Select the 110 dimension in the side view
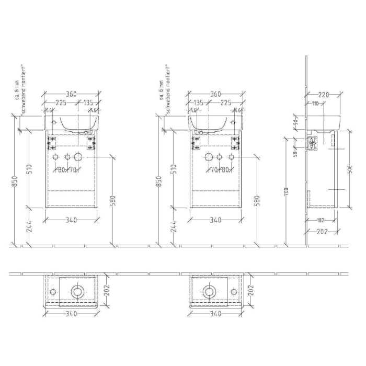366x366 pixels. tap(315, 104)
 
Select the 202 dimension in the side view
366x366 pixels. tap(323, 232)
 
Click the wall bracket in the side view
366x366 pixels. tap(313, 143)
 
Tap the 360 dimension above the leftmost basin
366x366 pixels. tap(71, 94)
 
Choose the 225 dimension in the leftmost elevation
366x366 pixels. tap(61, 103)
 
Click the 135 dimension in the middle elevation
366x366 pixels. tap(199, 103)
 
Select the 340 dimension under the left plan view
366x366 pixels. tap(71, 314)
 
